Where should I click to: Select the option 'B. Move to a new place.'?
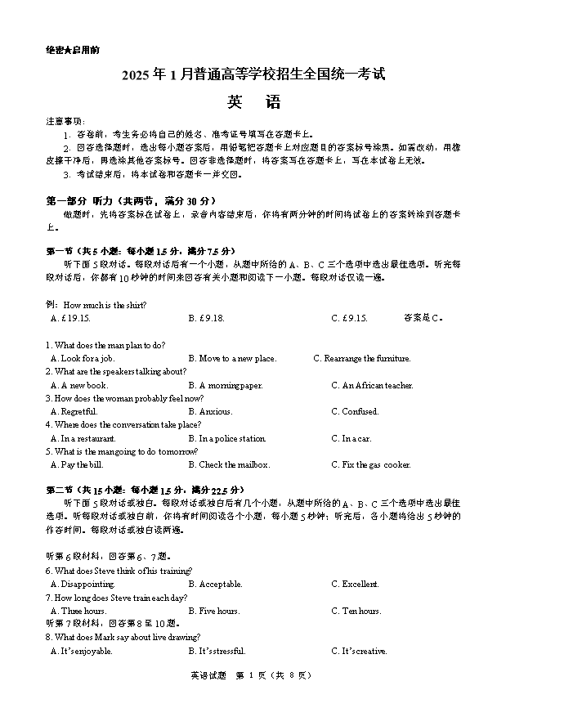[232, 359]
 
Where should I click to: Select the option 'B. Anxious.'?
[210, 412]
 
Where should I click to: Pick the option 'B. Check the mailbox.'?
[229, 465]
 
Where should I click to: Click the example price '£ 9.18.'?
[206, 319]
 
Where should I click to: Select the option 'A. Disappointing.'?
[83, 585]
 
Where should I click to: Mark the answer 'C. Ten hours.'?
[356, 612]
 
